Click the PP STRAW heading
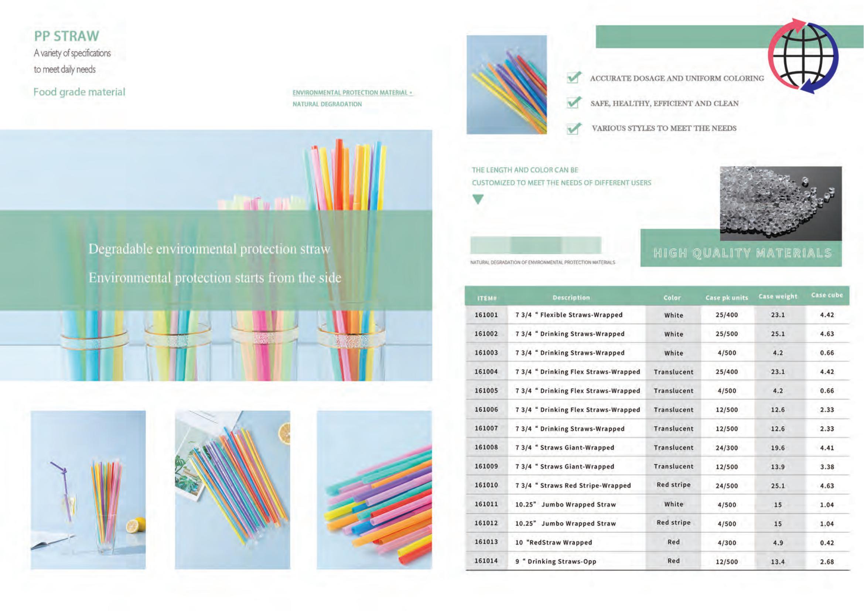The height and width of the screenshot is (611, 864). tap(66, 36)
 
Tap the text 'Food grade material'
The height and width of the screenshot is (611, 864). tap(79, 92)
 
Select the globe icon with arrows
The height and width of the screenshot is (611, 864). tap(803, 56)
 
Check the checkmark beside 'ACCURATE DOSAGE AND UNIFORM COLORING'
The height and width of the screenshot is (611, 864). tap(574, 77)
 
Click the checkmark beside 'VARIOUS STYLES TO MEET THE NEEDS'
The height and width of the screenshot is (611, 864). tap(574, 128)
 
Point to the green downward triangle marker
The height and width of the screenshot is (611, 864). tap(478, 199)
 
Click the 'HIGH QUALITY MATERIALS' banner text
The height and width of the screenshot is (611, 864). tap(742, 253)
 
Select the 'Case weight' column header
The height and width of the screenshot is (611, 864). tap(778, 296)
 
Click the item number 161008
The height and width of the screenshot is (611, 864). tap(486, 447)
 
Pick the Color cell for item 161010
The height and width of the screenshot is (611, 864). tap(674, 485)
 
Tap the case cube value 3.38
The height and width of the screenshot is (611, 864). tap(827, 467)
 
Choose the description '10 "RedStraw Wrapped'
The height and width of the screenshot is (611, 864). tap(554, 543)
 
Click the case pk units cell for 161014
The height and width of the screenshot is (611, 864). tap(727, 562)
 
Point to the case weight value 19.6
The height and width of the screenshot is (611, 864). tap(778, 448)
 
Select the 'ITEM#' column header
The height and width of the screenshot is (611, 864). tap(487, 299)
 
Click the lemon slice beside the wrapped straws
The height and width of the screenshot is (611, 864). tap(284, 433)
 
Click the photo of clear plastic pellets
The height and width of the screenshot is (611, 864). tap(781, 203)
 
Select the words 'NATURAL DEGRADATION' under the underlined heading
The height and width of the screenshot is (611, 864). tap(327, 104)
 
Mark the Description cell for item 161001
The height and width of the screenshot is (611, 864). tap(568, 315)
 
